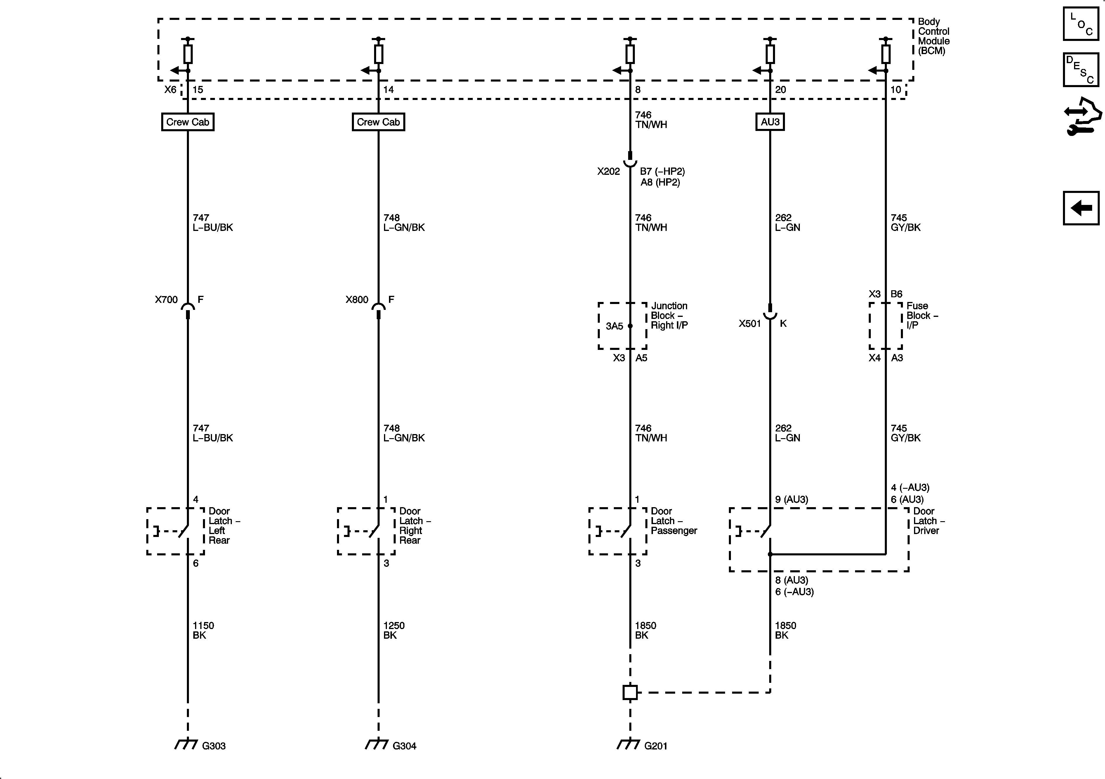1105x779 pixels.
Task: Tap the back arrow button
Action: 1081,208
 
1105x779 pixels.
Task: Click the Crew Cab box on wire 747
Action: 188,122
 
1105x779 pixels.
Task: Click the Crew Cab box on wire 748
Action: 378,122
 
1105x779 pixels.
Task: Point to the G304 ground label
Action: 404,746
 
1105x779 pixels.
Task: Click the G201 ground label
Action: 656,746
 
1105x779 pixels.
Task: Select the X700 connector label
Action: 166,300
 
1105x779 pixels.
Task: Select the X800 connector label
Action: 357,300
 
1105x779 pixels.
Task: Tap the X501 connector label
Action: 750,324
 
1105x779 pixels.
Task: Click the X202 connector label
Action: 608,172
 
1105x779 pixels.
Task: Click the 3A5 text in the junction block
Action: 614,326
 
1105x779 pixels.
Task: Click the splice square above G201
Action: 630,692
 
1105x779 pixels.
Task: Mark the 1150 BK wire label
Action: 203,630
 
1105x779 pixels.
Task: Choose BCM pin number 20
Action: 781,90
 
